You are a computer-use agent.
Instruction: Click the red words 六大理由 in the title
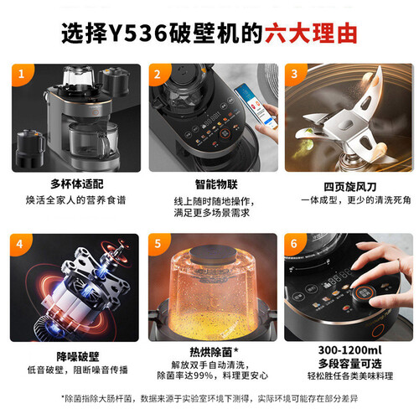311,34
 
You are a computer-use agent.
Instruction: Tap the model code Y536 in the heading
138,34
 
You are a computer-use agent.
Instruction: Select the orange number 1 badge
22,74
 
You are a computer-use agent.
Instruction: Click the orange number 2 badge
158,74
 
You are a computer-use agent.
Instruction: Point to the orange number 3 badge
294,74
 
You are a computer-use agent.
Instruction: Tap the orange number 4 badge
19,244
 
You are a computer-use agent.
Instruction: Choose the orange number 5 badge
158,244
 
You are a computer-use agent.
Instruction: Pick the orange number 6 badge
294,244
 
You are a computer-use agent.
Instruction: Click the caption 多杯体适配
77,184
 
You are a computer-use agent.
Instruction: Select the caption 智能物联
216,184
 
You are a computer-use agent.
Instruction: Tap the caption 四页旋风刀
350,187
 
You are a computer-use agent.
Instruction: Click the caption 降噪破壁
78,357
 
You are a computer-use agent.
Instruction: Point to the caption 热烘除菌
211,352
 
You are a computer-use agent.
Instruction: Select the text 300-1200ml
349,350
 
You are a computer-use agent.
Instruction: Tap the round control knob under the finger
364,295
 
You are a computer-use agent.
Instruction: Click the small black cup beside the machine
30,148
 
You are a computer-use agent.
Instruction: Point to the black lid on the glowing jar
213,255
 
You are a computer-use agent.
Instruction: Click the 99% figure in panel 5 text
203,375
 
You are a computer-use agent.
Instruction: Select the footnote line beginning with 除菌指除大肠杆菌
209,399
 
